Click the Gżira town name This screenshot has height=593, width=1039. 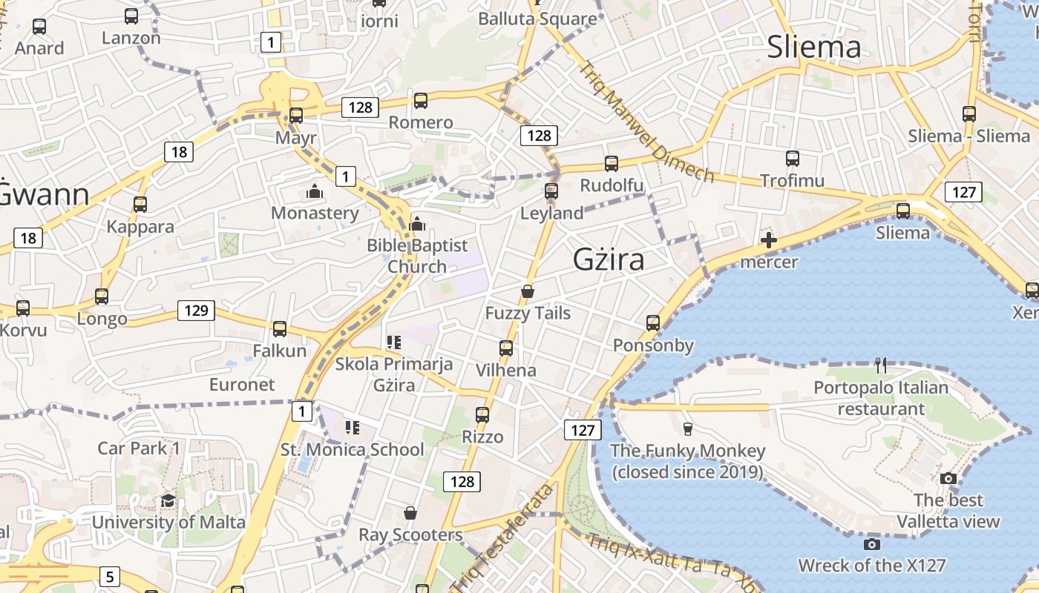[609, 259]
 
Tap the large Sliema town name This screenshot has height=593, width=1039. [814, 47]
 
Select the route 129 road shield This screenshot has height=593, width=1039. [196, 310]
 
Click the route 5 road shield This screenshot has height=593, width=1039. [110, 576]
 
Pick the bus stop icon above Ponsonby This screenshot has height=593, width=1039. [653, 322]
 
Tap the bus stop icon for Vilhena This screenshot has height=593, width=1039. [506, 348]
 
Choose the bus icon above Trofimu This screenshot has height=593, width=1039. [793, 158]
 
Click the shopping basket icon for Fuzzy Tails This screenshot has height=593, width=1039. [528, 291]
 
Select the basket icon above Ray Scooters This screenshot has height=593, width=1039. [410, 512]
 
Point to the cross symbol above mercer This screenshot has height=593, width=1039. [769, 240]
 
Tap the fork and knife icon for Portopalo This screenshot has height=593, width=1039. [881, 365]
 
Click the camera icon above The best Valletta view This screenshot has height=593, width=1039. [948, 478]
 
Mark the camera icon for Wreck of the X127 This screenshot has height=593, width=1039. [872, 545]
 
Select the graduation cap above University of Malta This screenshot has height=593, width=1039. [168, 500]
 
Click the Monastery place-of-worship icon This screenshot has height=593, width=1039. [315, 191]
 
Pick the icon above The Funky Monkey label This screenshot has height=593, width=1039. [687, 428]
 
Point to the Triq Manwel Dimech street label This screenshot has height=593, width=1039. [646, 122]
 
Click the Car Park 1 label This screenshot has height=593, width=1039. [139, 448]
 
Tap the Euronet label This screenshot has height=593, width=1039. [242, 384]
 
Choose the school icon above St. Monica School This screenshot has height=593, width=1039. [352, 427]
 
